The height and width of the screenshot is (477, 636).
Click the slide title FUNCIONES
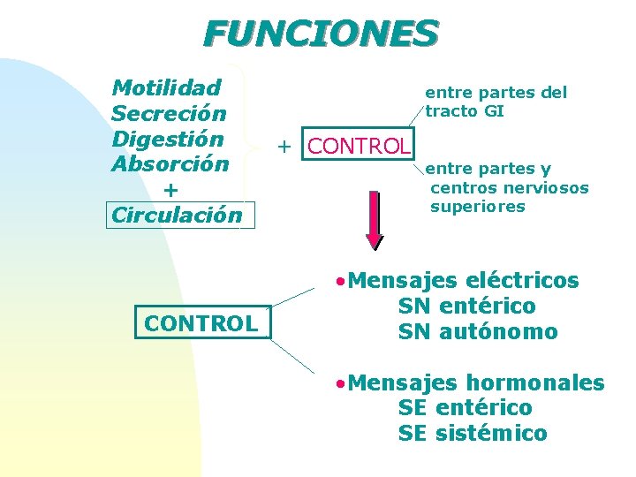[320, 34]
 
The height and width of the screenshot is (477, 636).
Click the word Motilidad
[166, 87]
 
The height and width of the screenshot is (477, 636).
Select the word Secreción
[169, 113]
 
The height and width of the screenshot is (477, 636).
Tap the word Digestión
[167, 139]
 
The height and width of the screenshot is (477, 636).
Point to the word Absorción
[170, 164]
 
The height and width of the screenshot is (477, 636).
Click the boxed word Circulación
[177, 215]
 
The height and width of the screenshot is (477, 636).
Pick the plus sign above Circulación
[170, 190]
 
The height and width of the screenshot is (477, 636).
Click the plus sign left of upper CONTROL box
[284, 146]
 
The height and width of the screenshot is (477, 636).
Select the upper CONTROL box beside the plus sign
[358, 146]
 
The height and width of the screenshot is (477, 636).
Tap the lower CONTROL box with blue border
[201, 323]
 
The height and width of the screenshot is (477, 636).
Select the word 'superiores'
[477, 207]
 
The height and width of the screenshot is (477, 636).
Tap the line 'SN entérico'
[466, 307]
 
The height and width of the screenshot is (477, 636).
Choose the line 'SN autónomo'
[478, 332]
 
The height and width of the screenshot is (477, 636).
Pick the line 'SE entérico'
[466, 408]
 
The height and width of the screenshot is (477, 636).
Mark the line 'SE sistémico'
[473, 434]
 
